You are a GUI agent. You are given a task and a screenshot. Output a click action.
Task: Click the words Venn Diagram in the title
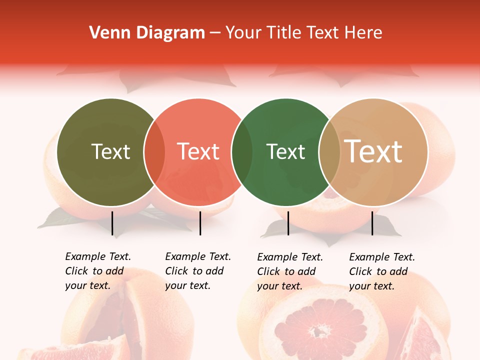pos(147,33)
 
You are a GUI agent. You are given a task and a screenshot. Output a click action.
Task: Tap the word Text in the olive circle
pos(110,151)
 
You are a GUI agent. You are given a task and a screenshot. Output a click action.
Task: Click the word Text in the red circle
pos(198,151)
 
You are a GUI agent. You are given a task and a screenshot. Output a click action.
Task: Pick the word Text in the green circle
pos(285,151)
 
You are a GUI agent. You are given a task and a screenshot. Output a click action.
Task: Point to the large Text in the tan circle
pos(373,151)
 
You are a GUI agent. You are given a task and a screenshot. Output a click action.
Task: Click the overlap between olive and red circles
pos(154,152)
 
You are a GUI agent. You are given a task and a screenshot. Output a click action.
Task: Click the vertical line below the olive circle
pos(112,223)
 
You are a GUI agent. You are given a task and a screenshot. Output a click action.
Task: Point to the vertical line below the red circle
pos(200,223)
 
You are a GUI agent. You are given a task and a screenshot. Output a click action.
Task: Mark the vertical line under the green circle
pos(288,223)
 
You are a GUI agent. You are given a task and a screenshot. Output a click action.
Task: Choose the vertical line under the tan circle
pos(372,223)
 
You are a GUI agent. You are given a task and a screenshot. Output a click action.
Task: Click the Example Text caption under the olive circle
pos(97,271)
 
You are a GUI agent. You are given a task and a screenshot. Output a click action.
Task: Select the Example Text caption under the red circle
pos(197,271)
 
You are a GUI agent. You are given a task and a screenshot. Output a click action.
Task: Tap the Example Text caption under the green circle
pos(289,271)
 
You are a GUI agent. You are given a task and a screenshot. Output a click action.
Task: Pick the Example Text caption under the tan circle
pos(381,271)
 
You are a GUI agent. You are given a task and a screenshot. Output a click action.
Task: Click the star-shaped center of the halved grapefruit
pos(317,330)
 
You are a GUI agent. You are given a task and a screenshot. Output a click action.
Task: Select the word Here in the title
pos(364,33)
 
